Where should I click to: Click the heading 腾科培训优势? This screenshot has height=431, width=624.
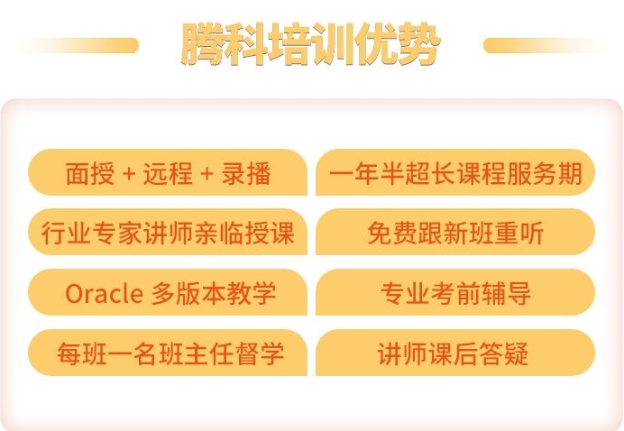tap(310, 44)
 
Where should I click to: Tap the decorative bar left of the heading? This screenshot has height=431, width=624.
tap(79, 45)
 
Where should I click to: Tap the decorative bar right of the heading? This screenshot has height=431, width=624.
tap(543, 45)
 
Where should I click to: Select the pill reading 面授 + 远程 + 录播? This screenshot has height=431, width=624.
tap(168, 172)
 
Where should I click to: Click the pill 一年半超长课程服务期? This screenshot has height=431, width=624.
tap(455, 172)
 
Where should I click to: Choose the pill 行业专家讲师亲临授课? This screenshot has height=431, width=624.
tap(168, 232)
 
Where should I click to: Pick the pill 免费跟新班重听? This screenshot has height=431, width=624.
tap(455, 232)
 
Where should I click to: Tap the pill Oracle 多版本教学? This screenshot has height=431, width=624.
tap(168, 292)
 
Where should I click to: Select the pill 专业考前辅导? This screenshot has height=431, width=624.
tap(455, 292)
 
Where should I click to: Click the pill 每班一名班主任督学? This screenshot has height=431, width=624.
tap(168, 353)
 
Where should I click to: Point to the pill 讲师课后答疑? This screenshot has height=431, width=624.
tap(455, 353)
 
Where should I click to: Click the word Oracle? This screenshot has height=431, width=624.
tap(104, 294)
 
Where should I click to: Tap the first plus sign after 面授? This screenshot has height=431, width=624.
tap(129, 174)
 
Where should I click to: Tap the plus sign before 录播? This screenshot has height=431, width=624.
tap(206, 174)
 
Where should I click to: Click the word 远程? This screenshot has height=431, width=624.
tap(168, 173)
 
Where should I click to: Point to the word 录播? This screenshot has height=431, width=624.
tap(246, 173)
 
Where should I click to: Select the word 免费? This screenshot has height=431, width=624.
tap(392, 234)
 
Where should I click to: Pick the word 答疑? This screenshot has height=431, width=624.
tap(503, 353)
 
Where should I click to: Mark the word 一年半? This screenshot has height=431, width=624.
tap(366, 174)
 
